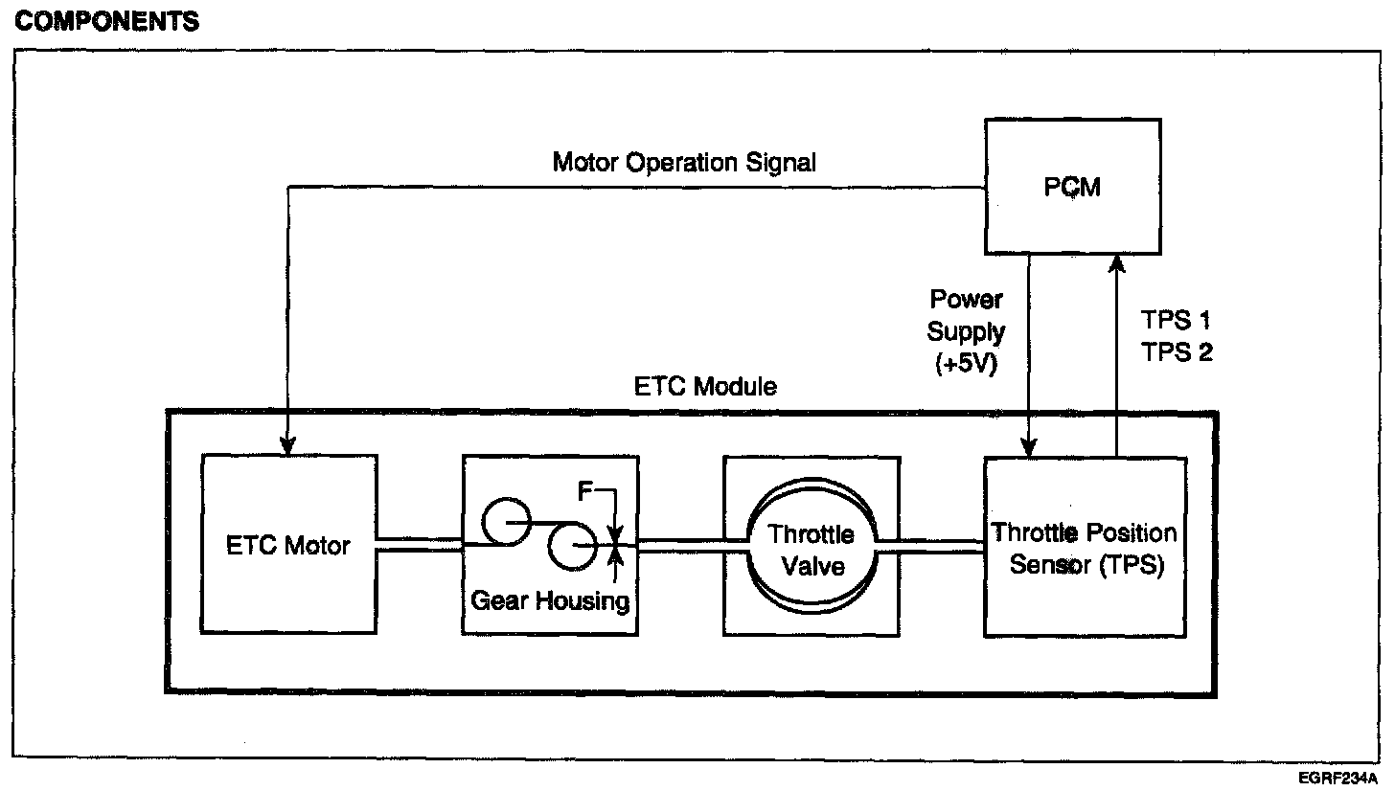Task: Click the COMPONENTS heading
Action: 107,22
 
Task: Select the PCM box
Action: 1073,186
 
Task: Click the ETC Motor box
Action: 288,544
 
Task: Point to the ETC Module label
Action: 706,388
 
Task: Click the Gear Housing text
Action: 550,600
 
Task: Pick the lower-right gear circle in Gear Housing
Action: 572,549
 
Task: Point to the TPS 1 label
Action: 1177,321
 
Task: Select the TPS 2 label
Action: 1178,352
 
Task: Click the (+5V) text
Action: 967,365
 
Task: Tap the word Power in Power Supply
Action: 967,301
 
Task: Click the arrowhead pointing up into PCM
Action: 1116,263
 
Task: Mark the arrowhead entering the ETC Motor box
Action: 286,445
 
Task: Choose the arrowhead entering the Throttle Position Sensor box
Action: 1028,445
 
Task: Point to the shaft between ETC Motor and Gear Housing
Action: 420,544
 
